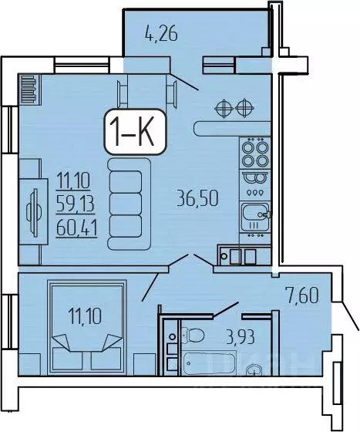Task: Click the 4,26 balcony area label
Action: pyautogui.click(x=161, y=33)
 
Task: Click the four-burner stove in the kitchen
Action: pyautogui.click(x=254, y=153)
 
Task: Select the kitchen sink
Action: pyautogui.click(x=254, y=214)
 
